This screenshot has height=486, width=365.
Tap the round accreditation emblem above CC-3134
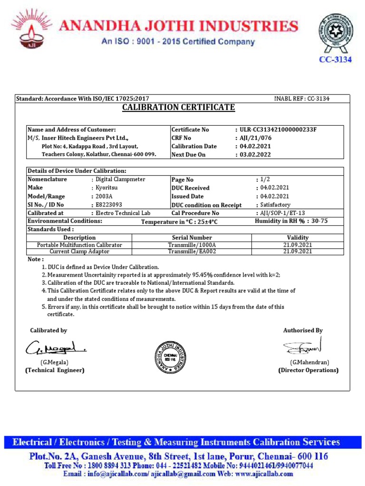(x=336, y=33)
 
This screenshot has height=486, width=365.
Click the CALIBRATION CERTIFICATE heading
(x=179, y=107)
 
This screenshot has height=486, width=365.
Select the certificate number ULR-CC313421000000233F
(x=279, y=130)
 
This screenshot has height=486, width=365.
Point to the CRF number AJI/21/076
(x=255, y=138)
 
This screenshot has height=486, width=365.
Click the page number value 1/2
(x=265, y=180)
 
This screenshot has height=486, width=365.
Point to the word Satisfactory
(x=275, y=205)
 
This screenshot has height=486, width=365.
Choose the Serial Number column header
(x=192, y=238)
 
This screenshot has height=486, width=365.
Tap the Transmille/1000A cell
(x=192, y=245)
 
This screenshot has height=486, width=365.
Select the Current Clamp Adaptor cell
(x=79, y=252)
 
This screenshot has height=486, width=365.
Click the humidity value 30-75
(x=319, y=221)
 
